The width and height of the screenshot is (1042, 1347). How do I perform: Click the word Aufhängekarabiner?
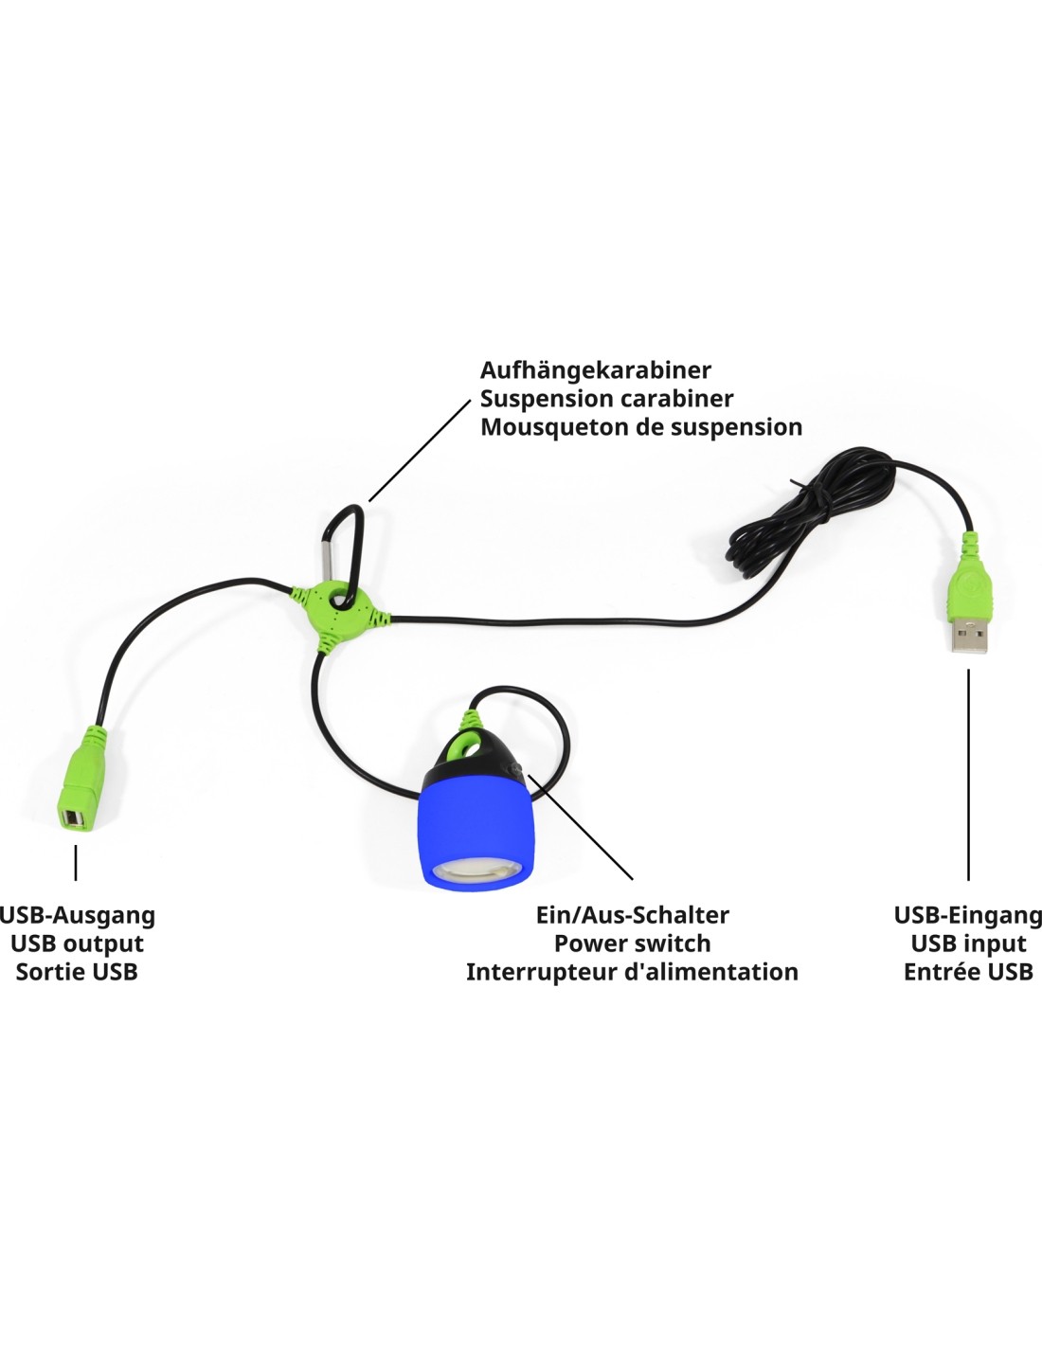[596, 370]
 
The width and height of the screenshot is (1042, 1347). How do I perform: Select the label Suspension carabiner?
[607, 399]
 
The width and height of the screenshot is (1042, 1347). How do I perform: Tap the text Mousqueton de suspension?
[641, 427]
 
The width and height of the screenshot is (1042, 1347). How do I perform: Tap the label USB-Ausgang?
[77, 916]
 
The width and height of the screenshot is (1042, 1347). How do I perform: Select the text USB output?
[77, 944]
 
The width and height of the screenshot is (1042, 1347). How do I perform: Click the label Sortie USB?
[77, 972]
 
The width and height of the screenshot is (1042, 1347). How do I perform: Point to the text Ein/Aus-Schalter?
[632, 916]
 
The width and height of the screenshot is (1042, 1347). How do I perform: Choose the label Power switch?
[632, 944]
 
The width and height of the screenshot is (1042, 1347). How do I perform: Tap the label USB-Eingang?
[968, 916]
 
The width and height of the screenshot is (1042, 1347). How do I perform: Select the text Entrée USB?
[968, 972]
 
